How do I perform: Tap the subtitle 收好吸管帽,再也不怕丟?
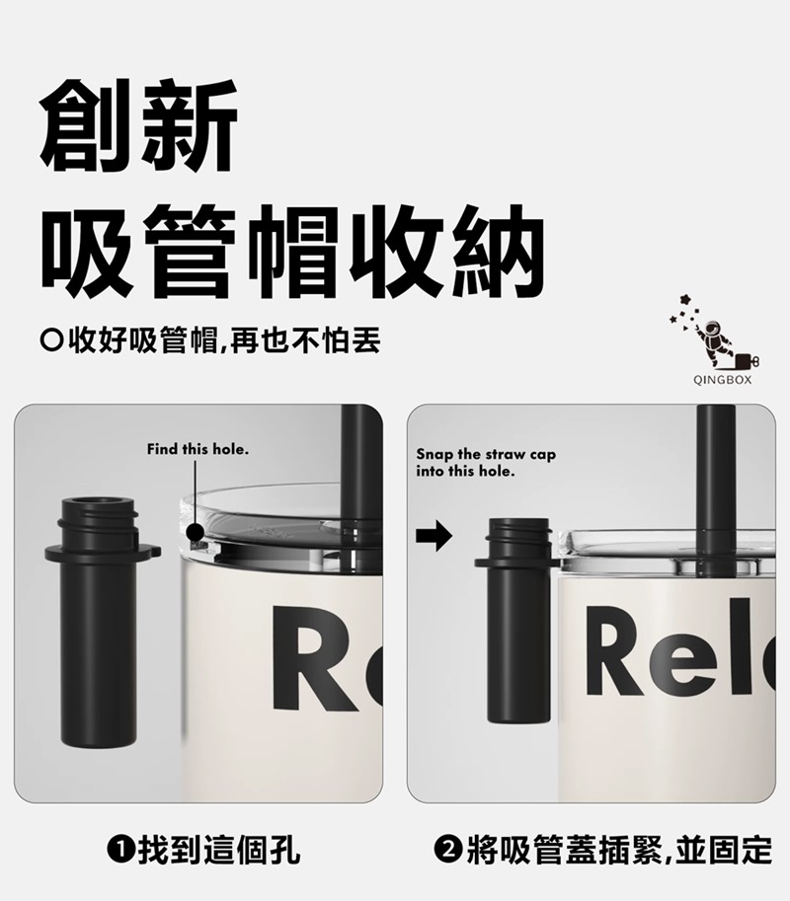point(224,340)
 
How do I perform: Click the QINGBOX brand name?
point(722,380)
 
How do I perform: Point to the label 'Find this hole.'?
point(197,449)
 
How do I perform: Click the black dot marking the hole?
point(196,532)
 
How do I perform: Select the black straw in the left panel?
point(354,471)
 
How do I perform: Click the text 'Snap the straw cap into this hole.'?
point(486,463)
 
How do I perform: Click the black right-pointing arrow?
point(434,536)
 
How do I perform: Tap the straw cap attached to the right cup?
point(517,621)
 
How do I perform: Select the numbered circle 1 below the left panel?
point(118,850)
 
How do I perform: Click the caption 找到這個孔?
point(218,851)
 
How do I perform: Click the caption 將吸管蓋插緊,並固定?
point(619,851)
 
